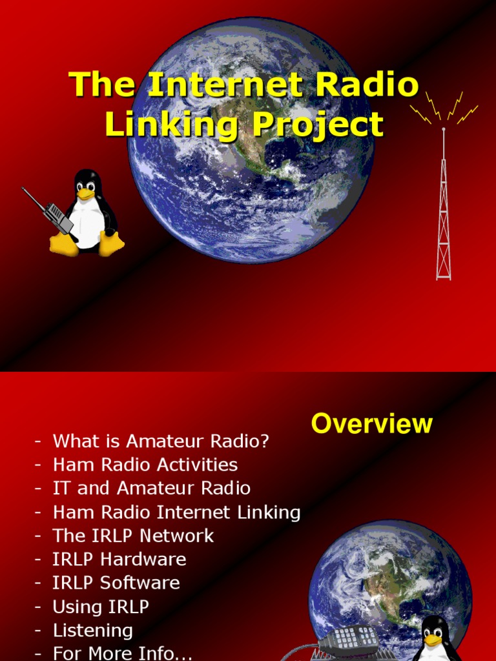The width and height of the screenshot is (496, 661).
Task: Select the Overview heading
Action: pos(371,424)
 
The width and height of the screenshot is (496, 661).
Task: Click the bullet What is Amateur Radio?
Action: pos(161,442)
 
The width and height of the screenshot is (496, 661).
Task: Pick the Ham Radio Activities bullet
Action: pos(145,465)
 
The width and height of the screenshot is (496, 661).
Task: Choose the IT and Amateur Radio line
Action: pos(151,488)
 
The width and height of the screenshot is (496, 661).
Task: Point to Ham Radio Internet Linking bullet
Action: pos(176,513)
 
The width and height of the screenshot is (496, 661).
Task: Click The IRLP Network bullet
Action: pos(133,536)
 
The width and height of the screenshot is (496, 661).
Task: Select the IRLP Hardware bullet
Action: pos(119,559)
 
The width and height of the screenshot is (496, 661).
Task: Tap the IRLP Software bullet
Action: pos(116,583)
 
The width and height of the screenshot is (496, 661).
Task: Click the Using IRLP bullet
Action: pos(101,607)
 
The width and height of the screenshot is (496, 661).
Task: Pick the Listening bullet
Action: pos(92,631)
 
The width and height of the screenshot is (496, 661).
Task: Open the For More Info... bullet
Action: pos(123,653)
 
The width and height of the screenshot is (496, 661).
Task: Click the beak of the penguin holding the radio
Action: pos(86,193)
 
